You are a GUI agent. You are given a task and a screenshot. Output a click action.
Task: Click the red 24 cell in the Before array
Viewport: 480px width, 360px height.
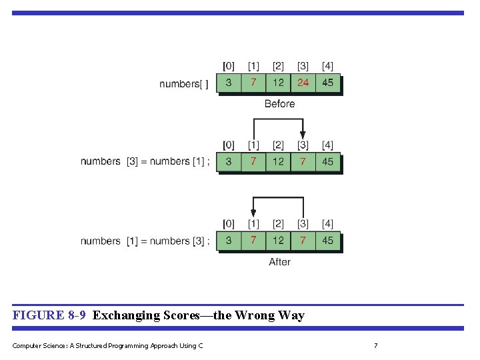[303, 83]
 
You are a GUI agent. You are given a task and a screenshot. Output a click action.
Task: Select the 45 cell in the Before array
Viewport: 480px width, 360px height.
[328, 83]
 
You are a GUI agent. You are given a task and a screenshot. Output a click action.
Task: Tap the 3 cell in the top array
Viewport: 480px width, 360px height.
[229, 83]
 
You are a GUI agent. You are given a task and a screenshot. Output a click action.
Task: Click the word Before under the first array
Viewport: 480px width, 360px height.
[279, 103]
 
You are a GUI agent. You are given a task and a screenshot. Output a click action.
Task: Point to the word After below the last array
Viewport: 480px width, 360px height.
[279, 262]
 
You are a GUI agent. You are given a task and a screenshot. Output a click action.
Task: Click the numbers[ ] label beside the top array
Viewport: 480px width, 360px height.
[184, 84]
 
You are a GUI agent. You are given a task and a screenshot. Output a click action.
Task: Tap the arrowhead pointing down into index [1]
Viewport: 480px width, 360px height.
[253, 213]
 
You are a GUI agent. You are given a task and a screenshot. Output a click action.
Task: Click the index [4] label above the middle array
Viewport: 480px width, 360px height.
[328, 145]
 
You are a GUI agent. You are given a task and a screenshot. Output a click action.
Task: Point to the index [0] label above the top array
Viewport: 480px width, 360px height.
[229, 66]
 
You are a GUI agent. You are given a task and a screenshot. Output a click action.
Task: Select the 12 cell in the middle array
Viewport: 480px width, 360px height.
[278, 161]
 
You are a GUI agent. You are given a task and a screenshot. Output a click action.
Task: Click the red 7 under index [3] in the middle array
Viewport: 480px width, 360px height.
[303, 161]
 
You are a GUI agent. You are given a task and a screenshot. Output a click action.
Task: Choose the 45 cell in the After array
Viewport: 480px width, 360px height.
[328, 240]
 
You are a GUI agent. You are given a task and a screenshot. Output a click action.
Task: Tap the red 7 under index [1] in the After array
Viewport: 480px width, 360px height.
[253, 240]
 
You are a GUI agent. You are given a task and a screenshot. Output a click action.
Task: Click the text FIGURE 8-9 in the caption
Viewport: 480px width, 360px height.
[49, 315]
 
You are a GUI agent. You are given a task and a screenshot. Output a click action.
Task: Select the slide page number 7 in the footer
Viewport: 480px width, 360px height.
[376, 345]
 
